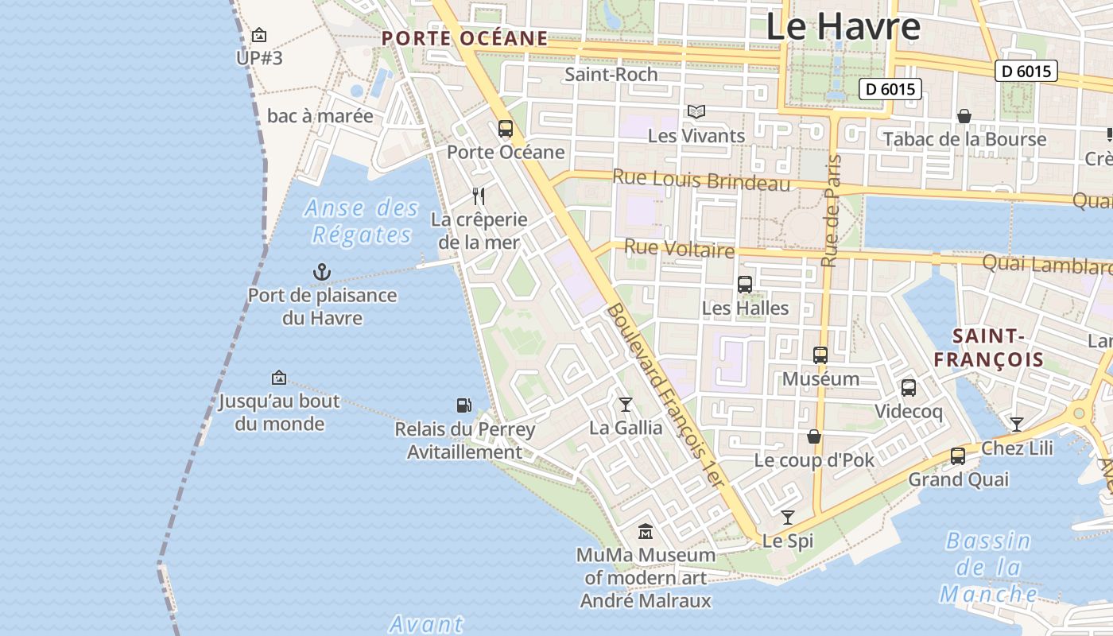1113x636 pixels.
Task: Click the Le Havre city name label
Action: (843, 26)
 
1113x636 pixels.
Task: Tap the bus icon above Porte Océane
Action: (506, 128)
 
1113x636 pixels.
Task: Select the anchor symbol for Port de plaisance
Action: (322, 273)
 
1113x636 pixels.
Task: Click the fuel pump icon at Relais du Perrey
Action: (464, 405)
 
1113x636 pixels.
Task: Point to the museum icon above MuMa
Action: (646, 531)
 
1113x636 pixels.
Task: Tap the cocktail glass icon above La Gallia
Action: (626, 405)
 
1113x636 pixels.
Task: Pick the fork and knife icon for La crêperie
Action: (479, 196)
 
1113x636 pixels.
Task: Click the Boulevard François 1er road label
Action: (666, 395)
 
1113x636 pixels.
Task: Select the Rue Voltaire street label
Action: (679, 249)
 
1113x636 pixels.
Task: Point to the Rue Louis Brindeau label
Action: (702, 180)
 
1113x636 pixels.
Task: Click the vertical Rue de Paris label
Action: (831, 211)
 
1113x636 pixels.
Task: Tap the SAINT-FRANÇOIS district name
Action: (988, 347)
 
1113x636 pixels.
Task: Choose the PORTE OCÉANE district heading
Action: (464, 38)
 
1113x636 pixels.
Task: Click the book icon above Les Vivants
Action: (696, 112)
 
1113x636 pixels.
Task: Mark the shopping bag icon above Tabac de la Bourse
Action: (964, 116)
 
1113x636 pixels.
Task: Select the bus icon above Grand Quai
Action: (958, 456)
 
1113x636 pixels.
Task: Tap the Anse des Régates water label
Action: (362, 222)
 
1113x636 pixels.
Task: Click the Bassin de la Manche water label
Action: (989, 568)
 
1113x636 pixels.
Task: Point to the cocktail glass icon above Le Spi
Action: (788, 518)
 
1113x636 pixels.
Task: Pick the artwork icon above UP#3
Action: (259, 35)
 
